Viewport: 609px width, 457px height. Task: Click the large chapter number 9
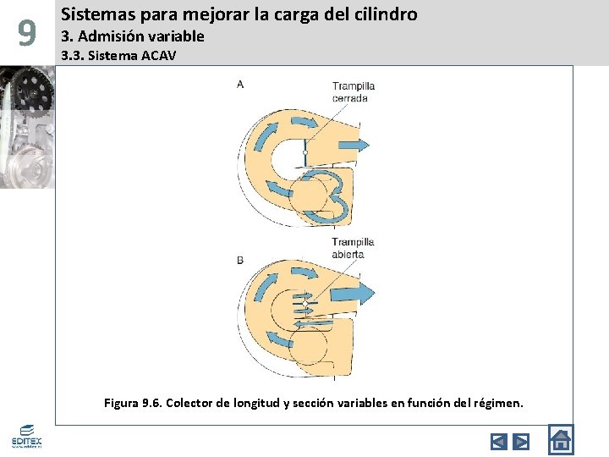(27, 34)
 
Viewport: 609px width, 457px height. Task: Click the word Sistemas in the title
(92, 14)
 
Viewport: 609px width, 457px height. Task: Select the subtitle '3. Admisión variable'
(133, 36)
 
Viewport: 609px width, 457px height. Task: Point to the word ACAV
(157, 56)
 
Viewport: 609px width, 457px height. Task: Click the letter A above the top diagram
(240, 84)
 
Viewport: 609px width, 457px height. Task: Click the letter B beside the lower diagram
(240, 261)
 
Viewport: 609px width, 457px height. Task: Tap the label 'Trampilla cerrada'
(353, 91)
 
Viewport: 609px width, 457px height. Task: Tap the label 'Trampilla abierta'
(352, 248)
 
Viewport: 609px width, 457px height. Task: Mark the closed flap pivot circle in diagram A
(304, 153)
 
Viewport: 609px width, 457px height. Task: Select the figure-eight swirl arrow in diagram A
(326, 196)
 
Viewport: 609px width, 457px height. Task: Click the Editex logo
(26, 437)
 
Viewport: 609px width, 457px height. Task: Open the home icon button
(560, 439)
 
